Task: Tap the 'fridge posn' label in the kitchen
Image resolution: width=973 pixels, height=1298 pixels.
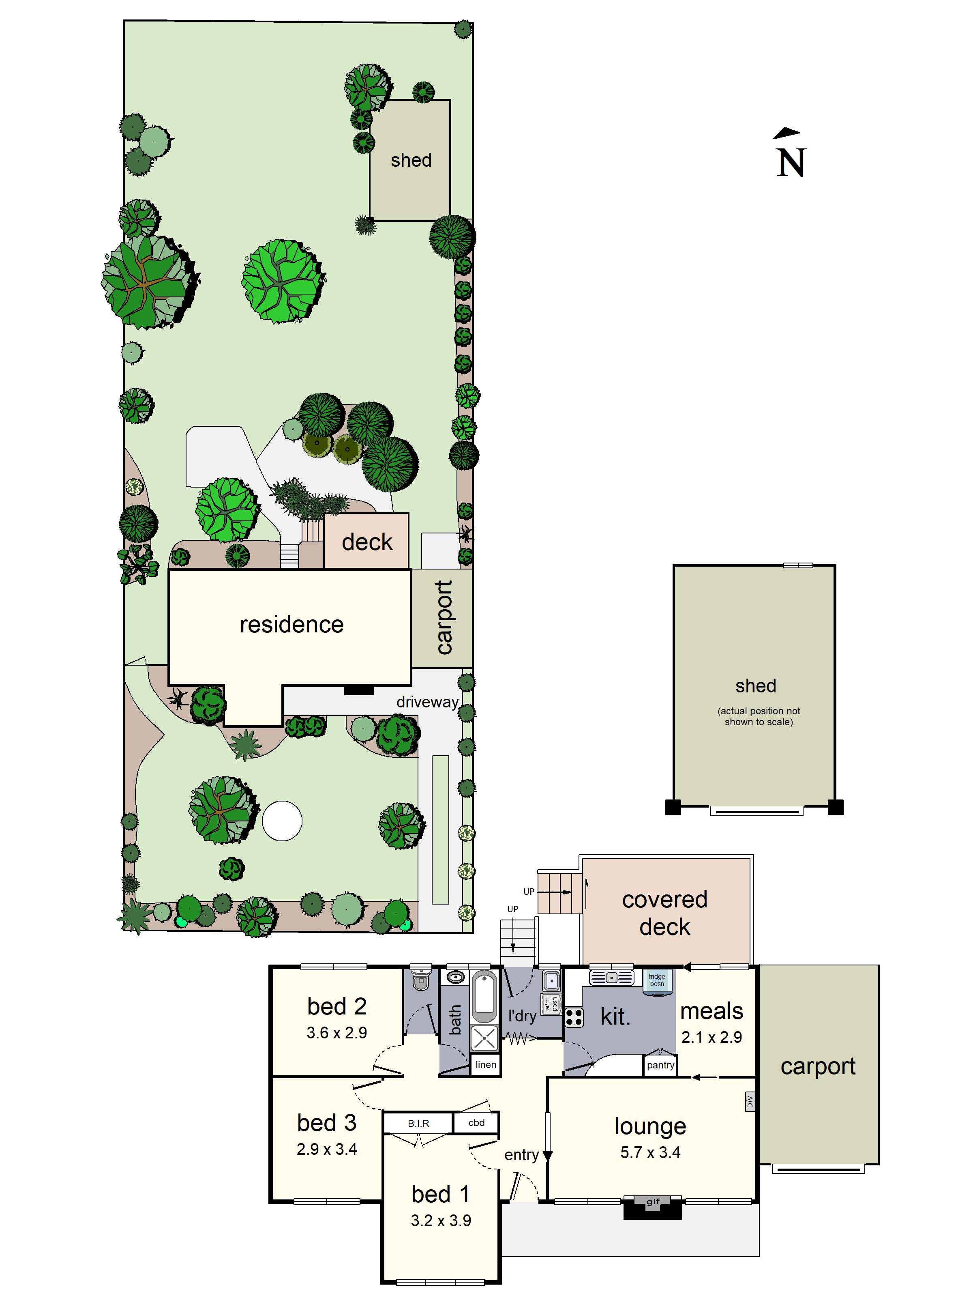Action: [656, 980]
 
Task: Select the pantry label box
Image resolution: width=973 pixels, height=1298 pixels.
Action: [660, 1065]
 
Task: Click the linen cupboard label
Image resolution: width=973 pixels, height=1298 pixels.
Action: [486, 1064]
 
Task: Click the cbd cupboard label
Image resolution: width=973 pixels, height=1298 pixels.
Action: [476, 1122]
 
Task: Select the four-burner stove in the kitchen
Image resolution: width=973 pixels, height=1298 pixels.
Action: [574, 1017]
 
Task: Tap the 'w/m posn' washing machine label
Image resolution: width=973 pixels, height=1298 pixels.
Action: [551, 1004]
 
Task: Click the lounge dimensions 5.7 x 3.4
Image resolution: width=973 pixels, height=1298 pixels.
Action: [650, 1152]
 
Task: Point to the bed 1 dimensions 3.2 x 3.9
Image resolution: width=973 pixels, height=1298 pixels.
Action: [440, 1221]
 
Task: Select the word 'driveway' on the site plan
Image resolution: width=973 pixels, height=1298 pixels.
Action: [427, 702]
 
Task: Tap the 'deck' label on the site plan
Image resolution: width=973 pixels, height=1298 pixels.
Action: [367, 542]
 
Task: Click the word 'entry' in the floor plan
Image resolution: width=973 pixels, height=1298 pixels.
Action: [521, 1155]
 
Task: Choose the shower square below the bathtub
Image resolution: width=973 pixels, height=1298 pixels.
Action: [484, 1038]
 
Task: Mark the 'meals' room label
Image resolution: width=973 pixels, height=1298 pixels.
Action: [712, 1011]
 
